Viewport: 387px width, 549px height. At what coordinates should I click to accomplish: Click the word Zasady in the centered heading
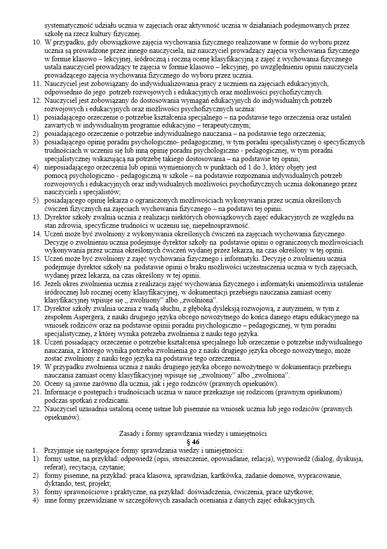point(131,433)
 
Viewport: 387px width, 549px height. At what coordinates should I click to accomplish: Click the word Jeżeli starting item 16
point(54,283)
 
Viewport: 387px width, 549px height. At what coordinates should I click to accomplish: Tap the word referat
point(55,467)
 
